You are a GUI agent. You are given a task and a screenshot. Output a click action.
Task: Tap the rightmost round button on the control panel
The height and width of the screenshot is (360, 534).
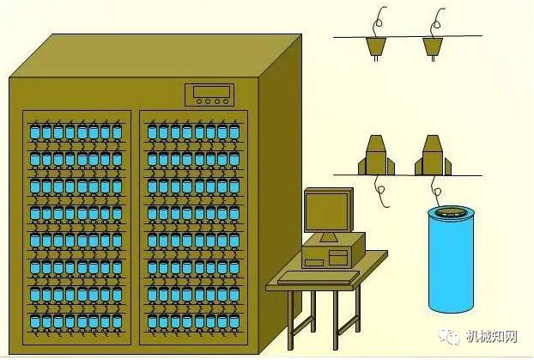click(226, 101)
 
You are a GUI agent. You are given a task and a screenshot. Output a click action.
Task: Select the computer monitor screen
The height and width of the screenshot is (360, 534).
click(326, 211)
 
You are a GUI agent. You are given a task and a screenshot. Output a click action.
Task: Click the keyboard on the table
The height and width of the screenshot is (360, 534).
click(319, 277)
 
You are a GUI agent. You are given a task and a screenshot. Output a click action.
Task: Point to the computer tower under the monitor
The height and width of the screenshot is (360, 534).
click(333, 251)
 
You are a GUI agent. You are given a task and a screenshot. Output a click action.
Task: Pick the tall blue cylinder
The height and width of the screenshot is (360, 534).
click(451, 259)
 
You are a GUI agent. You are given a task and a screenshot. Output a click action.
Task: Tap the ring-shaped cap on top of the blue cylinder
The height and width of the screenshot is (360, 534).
click(451, 213)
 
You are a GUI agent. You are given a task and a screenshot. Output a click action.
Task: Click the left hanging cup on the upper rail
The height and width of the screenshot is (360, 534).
click(376, 46)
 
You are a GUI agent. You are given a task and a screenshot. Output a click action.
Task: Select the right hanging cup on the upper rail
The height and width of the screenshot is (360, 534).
click(433, 46)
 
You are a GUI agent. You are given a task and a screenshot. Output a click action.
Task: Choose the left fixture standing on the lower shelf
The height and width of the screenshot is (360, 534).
click(376, 156)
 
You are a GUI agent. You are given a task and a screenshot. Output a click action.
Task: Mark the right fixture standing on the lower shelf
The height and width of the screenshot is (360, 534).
click(433, 156)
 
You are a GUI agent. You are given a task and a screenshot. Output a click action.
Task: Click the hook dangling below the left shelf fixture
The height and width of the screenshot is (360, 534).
click(380, 192)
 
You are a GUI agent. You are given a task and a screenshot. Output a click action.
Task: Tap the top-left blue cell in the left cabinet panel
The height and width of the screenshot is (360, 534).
click(35, 132)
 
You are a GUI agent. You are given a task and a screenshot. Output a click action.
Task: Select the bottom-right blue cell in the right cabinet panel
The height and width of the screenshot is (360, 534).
click(234, 321)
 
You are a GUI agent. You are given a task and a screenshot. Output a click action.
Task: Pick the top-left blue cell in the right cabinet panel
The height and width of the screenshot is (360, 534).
click(152, 132)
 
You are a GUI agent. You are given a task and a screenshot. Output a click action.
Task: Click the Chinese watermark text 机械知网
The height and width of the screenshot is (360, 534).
click(492, 337)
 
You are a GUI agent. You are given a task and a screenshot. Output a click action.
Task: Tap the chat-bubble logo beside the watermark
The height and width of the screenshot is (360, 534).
click(450, 336)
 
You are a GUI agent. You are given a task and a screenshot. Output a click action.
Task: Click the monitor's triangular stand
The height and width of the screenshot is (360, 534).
click(329, 237)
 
